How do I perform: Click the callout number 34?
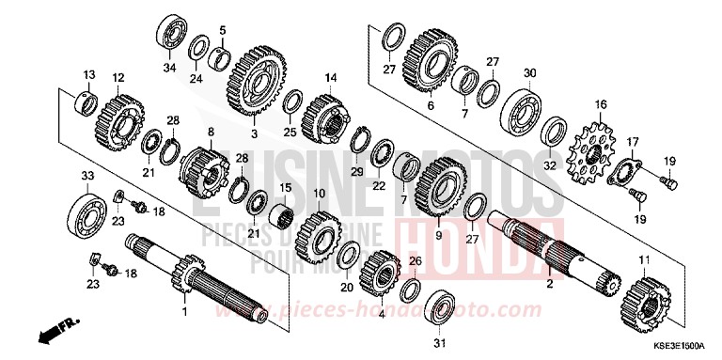[170, 68]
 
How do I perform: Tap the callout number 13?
[88, 74]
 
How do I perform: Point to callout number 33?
[86, 175]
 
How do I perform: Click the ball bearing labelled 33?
[93, 210]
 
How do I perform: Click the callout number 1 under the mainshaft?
[185, 311]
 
